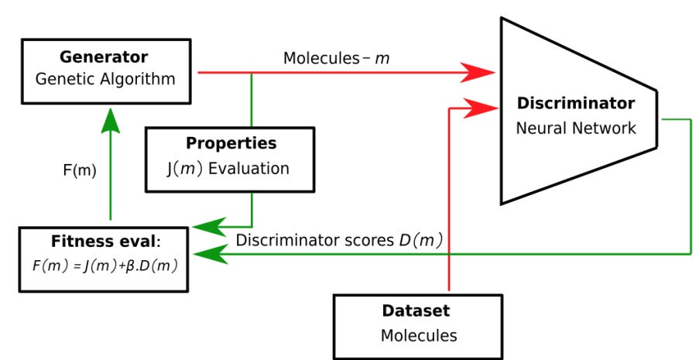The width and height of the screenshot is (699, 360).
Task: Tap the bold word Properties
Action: (x=231, y=144)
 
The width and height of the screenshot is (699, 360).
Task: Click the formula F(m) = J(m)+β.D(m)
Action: (x=103, y=266)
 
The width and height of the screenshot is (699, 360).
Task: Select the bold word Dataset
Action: (x=416, y=311)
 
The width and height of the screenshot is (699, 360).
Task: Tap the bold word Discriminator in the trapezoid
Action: (x=576, y=103)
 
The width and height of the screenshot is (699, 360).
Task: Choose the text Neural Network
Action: (x=576, y=128)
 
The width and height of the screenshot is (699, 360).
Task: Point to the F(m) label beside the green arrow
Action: (x=80, y=170)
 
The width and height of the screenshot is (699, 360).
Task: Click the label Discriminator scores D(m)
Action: (x=339, y=240)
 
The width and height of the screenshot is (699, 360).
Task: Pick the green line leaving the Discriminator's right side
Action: (x=690, y=186)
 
